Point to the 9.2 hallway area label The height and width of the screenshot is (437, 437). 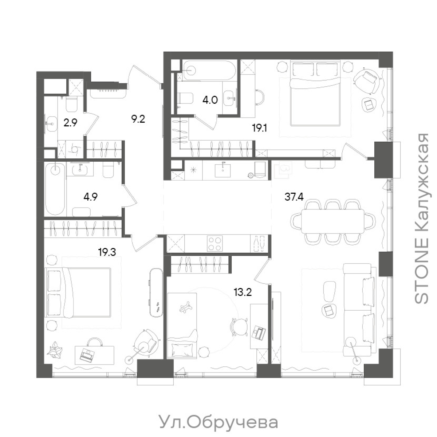pyautogui.click(x=138, y=118)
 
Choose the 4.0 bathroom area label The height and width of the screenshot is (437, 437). pyautogui.click(x=210, y=99)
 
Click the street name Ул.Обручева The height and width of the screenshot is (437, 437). pyautogui.click(x=218, y=422)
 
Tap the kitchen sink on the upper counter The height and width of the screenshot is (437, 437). pyautogui.click(x=223, y=170)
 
